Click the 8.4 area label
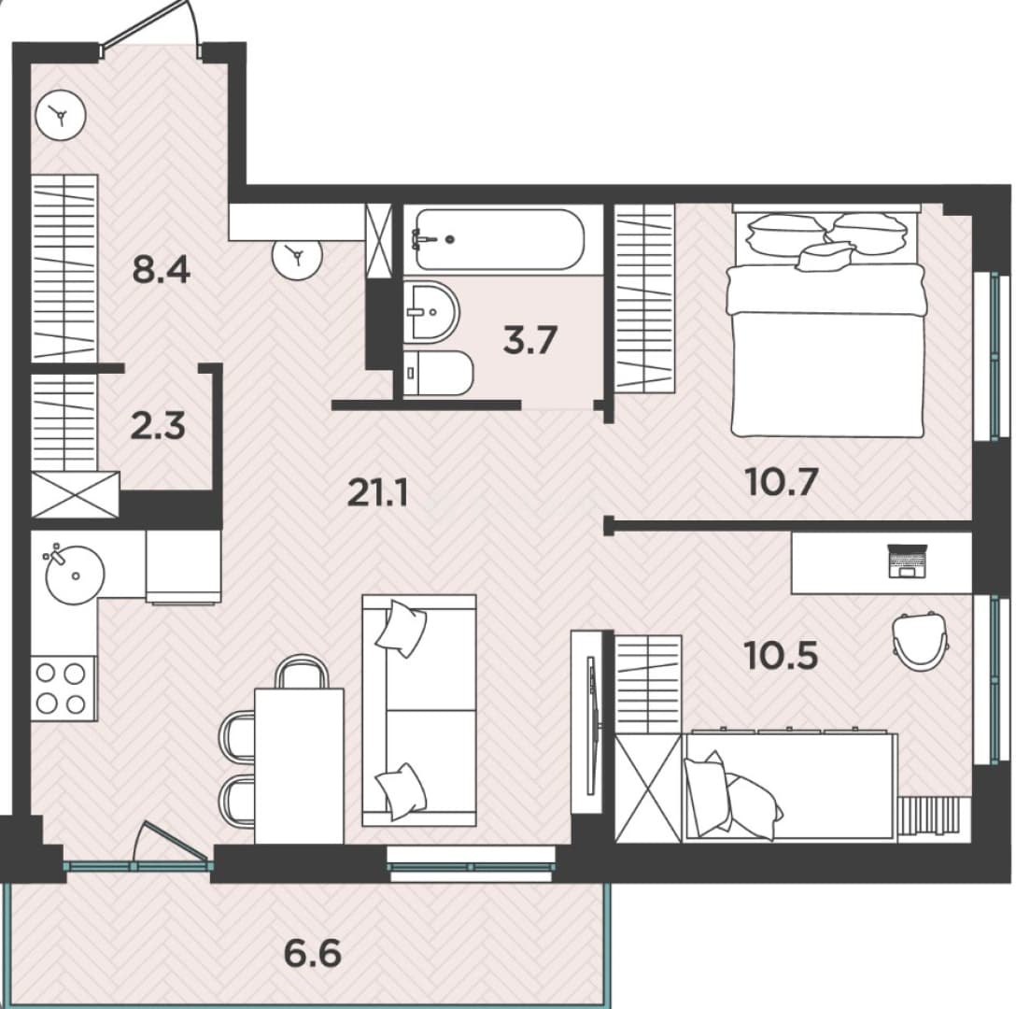[x=161, y=270]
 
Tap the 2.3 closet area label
[x=158, y=425]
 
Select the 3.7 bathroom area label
[x=530, y=340]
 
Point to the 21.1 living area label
[x=377, y=492]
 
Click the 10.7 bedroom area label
[x=782, y=482]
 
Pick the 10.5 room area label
[x=781, y=655]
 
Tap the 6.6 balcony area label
[x=313, y=952]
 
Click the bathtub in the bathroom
[x=500, y=239]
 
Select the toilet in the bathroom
[x=437, y=373]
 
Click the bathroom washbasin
[x=430, y=312]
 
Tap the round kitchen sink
[x=74, y=574]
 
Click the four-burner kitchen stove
[x=63, y=689]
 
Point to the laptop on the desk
[x=907, y=561]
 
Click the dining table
[x=299, y=765]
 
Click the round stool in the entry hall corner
[x=61, y=115]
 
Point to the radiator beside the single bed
[x=934, y=815]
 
